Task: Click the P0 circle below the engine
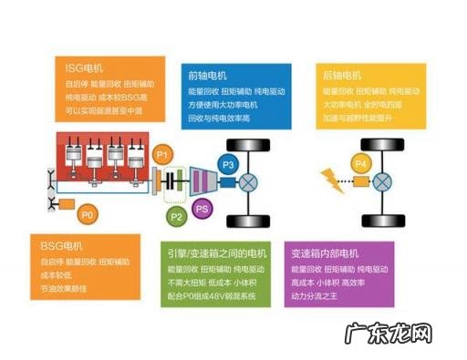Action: (x=88, y=215)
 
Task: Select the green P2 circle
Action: (x=177, y=217)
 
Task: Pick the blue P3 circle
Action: (x=228, y=164)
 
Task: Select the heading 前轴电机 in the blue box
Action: (x=207, y=76)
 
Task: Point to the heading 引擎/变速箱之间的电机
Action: (x=215, y=253)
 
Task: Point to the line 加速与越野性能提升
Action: (x=355, y=118)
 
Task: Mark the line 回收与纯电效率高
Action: (x=218, y=118)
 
